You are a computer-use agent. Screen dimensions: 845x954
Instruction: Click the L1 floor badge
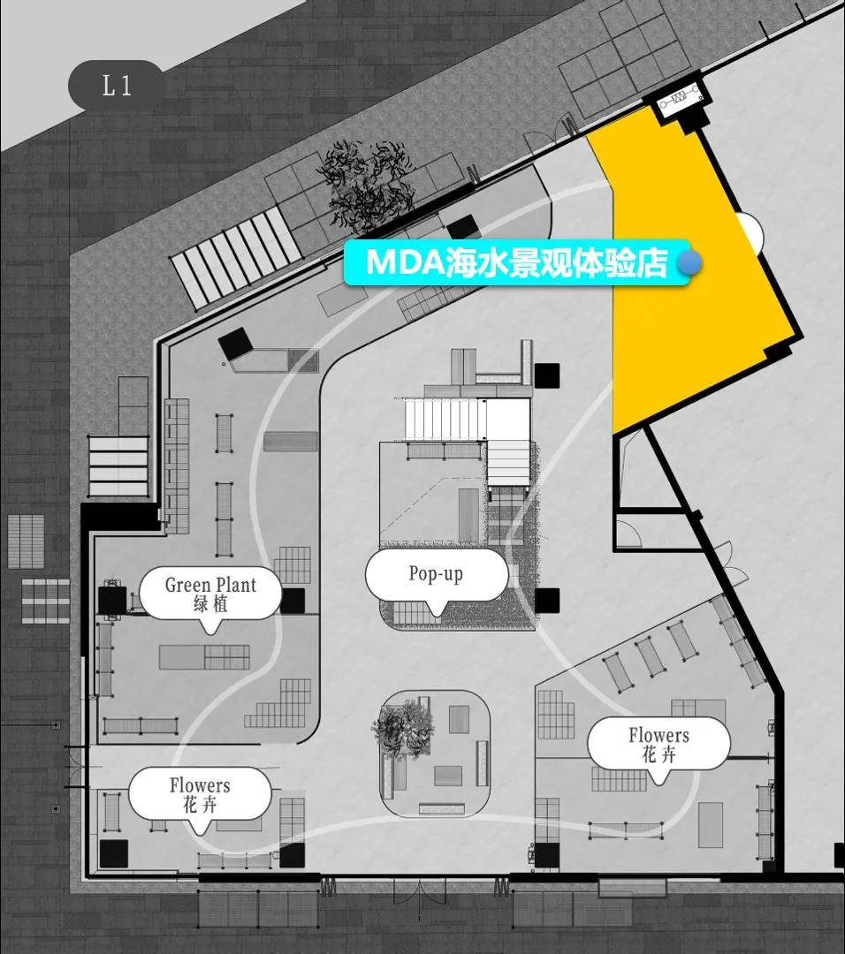point(116,85)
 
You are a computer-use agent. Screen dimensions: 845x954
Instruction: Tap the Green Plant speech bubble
point(210,594)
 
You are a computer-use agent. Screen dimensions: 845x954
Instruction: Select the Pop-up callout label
point(436,576)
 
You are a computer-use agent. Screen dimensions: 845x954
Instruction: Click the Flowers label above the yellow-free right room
point(658,745)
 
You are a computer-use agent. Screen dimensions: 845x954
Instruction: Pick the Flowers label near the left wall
point(200,795)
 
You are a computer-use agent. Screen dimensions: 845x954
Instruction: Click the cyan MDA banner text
point(517,262)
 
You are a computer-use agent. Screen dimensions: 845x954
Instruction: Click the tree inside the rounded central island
point(403,727)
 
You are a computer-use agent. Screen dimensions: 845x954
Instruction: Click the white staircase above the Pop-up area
point(446,420)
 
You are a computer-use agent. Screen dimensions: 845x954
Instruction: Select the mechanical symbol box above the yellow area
point(681,97)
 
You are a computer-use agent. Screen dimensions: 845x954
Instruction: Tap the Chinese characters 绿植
point(210,604)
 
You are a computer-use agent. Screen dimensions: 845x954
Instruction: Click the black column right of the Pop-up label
point(547,601)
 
